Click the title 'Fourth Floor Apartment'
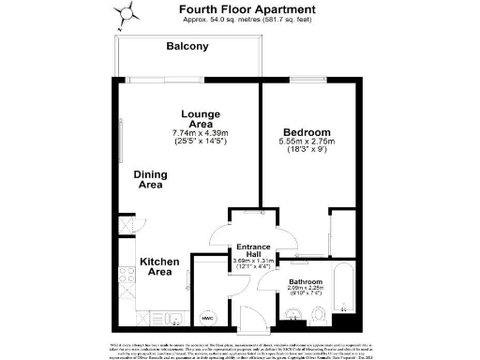coord(239,8)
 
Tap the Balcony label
coord(187,46)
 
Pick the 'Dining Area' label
coord(150,180)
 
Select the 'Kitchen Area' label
coord(160,266)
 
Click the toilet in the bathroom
coord(320,314)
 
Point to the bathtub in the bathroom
coord(345,293)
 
